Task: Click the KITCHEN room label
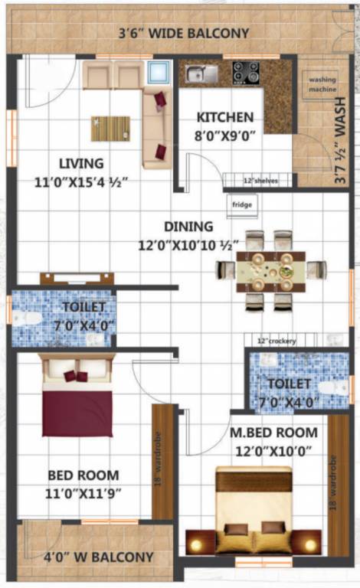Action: pos(224,117)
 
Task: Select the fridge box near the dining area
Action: pos(241,205)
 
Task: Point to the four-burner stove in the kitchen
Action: pos(245,73)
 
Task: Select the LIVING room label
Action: pos(81,162)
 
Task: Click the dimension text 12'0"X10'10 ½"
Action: pos(192,247)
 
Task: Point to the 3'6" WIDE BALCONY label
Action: pos(183,33)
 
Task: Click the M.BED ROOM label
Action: pos(272,433)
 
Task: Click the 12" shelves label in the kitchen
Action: pos(260,181)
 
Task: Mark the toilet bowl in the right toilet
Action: pos(332,387)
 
